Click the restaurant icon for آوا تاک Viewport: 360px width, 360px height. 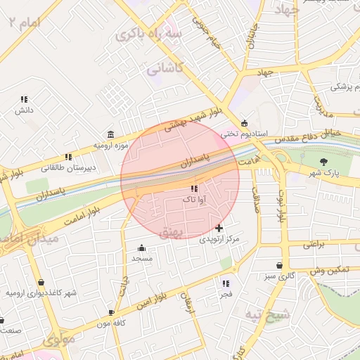(x=194, y=189)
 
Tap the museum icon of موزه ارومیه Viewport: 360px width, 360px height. (x=111, y=134)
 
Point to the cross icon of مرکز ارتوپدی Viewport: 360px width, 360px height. (x=219, y=228)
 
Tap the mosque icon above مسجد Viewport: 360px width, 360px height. (x=142, y=247)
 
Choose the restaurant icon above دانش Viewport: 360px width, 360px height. (x=25, y=100)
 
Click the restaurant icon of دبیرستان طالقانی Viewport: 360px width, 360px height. (x=68, y=157)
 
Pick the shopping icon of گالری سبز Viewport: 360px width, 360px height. (x=281, y=266)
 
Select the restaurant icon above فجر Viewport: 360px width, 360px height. (x=226, y=283)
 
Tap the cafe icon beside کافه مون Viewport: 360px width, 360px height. (x=111, y=312)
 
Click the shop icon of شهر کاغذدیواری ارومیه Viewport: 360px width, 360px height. (x=41, y=282)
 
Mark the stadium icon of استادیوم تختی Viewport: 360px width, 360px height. (x=244, y=122)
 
